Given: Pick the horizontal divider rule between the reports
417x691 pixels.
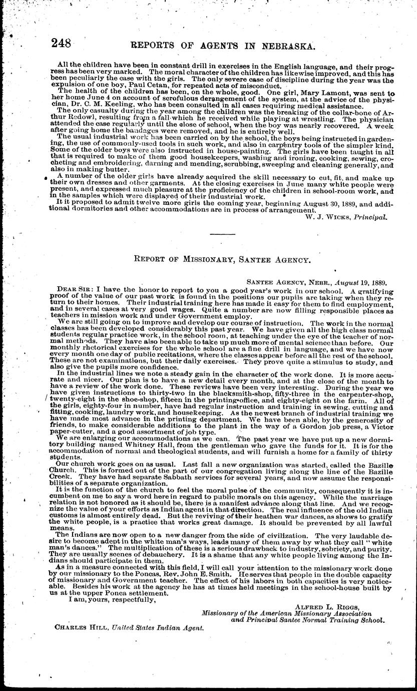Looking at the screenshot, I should [x=222, y=234].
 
